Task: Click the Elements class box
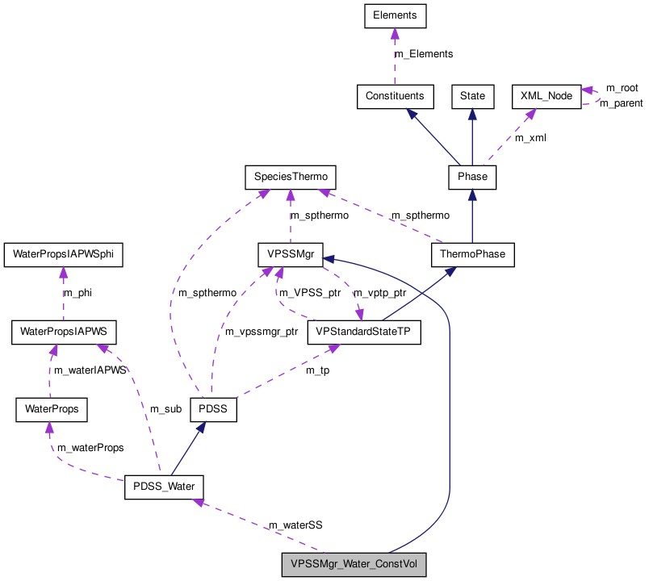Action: point(394,15)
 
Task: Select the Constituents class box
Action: point(395,96)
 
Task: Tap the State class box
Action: point(472,96)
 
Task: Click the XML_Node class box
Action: point(546,96)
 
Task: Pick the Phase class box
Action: point(472,175)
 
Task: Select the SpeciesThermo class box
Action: point(289,175)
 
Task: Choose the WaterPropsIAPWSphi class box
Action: point(64,254)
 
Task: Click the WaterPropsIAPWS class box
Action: point(64,331)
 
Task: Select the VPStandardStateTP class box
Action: point(364,331)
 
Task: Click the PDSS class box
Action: point(213,410)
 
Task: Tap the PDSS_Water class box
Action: point(164,488)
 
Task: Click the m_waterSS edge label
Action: point(295,525)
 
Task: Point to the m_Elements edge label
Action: point(423,54)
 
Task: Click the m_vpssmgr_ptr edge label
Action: point(261,332)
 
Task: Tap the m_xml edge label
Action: point(530,138)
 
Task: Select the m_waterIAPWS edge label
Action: point(90,370)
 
